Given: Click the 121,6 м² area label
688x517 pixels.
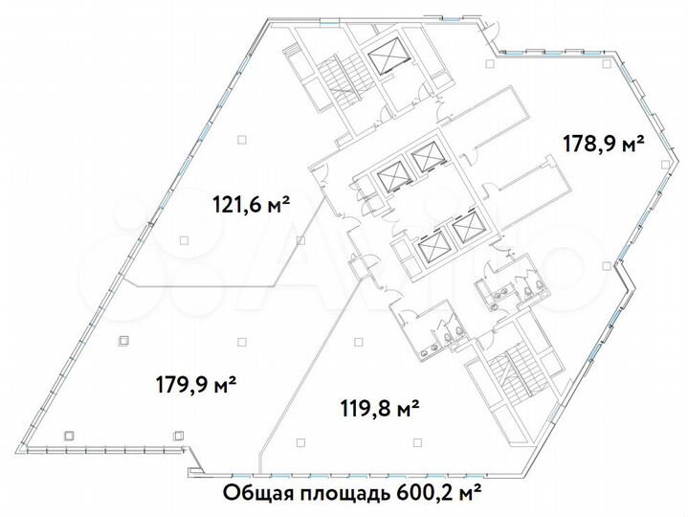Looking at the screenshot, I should click(x=250, y=203).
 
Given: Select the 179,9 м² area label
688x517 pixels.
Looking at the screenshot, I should click(x=196, y=385).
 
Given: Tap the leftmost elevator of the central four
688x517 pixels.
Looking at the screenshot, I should click(x=392, y=176).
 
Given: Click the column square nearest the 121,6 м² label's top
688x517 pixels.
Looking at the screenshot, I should click(x=242, y=140).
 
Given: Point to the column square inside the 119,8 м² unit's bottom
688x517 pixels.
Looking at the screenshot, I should click(x=301, y=440).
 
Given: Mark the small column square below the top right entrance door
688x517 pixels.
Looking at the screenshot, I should click(x=489, y=63).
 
